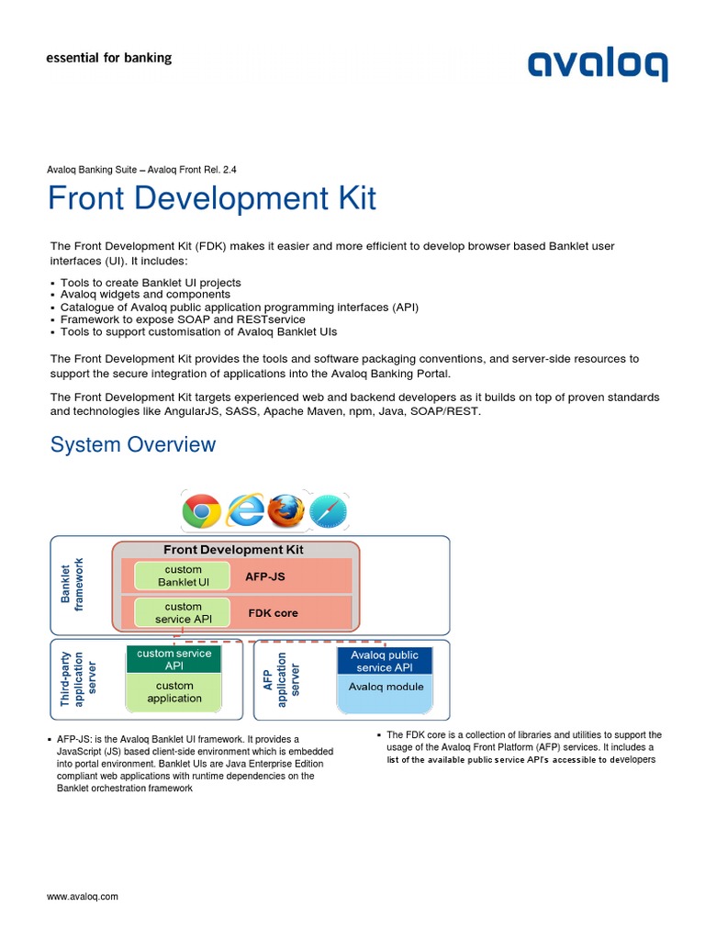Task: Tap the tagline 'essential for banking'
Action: tap(108, 58)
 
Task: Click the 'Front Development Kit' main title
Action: tap(212, 198)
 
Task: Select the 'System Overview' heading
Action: tap(133, 444)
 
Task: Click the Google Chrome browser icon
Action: tap(201, 510)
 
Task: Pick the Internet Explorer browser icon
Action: tap(245, 510)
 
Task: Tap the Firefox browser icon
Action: tap(285, 510)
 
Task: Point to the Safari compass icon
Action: tap(328, 511)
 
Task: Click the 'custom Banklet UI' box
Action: tap(183, 576)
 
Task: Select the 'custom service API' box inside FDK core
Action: tap(183, 612)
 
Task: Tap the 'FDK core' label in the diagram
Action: tap(274, 612)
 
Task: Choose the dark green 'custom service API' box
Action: tap(173, 659)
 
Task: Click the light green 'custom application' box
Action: tap(173, 692)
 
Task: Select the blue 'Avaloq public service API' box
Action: tap(385, 661)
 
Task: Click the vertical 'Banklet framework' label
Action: tap(71, 585)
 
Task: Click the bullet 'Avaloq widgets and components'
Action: tap(145, 295)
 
